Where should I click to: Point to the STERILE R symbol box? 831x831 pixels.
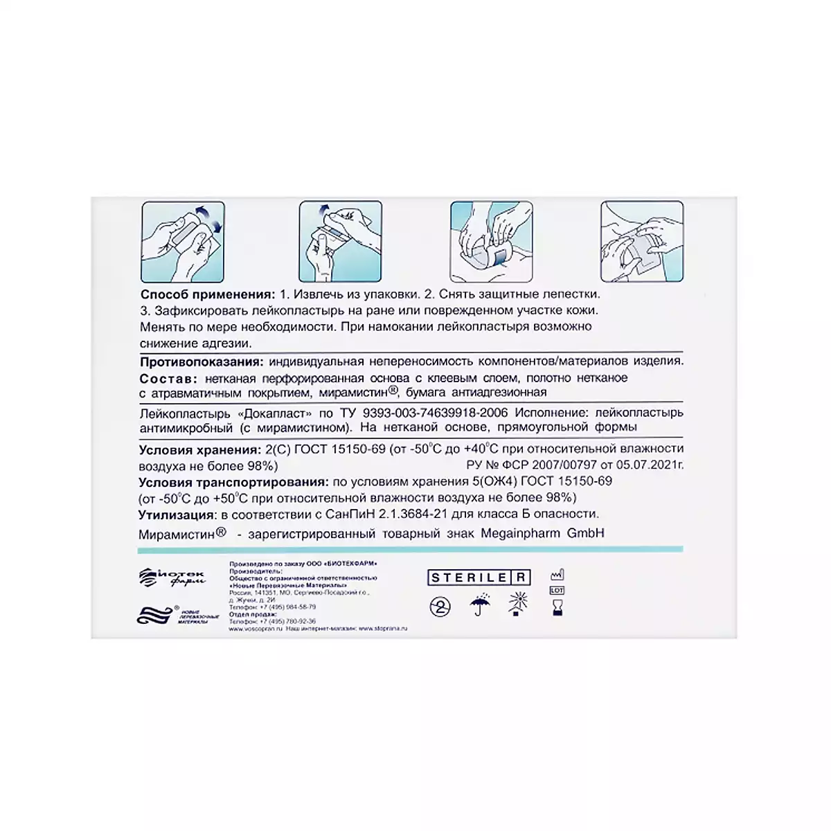click(x=479, y=578)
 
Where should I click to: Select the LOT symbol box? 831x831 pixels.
click(x=557, y=591)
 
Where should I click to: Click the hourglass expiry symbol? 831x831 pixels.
click(x=557, y=609)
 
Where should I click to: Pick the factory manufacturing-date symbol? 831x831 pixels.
click(x=557, y=574)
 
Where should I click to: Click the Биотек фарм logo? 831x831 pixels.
click(x=172, y=576)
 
